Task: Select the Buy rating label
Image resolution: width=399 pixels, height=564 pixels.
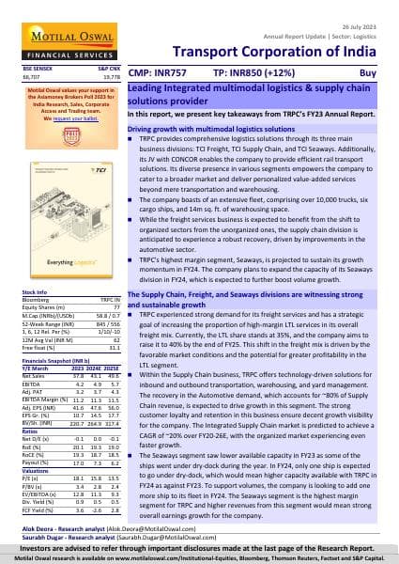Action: pyautogui.click(x=374, y=70)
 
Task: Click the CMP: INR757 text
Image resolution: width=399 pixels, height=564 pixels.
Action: pyautogui.click(x=158, y=70)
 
